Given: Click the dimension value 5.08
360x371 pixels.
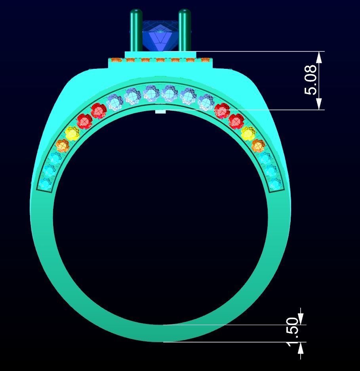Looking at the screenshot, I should (x=311, y=80).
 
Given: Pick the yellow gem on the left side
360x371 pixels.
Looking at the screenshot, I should (x=72, y=133).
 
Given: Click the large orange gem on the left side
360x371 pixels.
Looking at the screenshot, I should (x=62, y=146).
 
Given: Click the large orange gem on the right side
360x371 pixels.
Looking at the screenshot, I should (x=258, y=146).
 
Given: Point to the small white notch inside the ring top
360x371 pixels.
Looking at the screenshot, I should (x=160, y=112).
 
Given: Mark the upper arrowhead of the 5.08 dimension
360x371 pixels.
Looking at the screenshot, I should (x=319, y=57).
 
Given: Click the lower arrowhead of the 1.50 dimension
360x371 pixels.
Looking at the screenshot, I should (x=301, y=348).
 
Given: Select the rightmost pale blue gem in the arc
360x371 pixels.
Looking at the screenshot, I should (x=206, y=103).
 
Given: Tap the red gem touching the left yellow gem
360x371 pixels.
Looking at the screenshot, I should (x=84, y=121).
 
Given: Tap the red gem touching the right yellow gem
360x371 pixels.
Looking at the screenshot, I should (x=236, y=120).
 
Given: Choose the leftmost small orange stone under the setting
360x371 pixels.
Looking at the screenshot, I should (x=116, y=61).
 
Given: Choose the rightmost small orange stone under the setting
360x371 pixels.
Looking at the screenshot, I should (x=205, y=61).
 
